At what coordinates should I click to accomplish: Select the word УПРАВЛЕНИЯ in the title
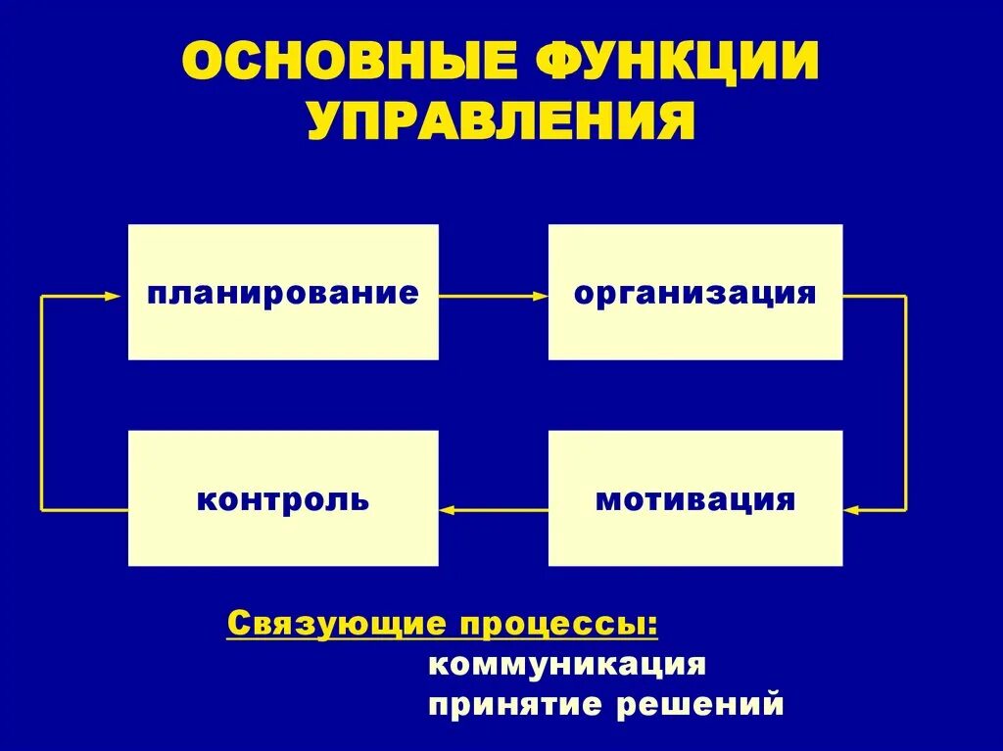point(501,124)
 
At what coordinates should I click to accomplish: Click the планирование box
point(283,292)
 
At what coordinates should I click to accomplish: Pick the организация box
point(694,292)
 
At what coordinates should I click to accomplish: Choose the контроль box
point(283,498)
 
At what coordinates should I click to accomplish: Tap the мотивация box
point(694,498)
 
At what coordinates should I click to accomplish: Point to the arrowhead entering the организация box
point(541,295)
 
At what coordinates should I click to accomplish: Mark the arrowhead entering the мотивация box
point(850,509)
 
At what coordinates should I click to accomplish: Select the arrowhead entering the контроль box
point(447,509)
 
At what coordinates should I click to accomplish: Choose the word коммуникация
point(567,664)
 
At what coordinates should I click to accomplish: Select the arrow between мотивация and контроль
point(495,509)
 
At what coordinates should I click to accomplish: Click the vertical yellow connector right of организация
point(905,401)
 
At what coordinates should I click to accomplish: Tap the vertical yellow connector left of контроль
point(41,401)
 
